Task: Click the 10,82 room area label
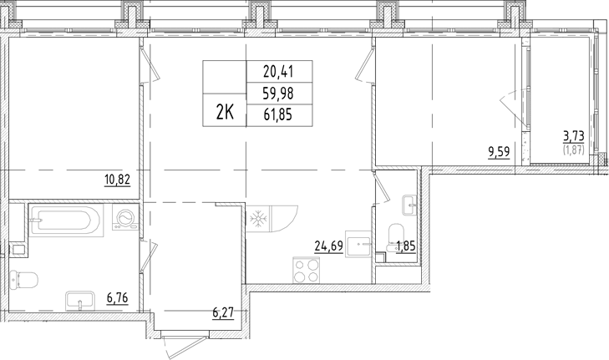pyautogui.click(x=117, y=180)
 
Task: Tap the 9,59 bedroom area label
pyautogui.click(x=499, y=152)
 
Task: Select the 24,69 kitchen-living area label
pyautogui.click(x=329, y=246)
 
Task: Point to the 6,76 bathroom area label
pyautogui.click(x=117, y=298)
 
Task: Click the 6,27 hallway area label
pyautogui.click(x=223, y=312)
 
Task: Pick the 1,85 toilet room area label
pyautogui.click(x=406, y=246)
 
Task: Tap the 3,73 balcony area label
pyautogui.click(x=574, y=135)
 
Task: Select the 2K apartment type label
pyautogui.click(x=225, y=113)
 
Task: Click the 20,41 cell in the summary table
pyautogui.click(x=279, y=72)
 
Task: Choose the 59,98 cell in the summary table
pyautogui.click(x=279, y=94)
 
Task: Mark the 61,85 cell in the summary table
pyautogui.click(x=279, y=115)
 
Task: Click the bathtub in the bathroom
pyautogui.click(x=66, y=221)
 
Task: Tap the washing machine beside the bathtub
pyautogui.click(x=125, y=217)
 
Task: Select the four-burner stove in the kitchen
pyautogui.click(x=307, y=271)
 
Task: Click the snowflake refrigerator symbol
pyautogui.click(x=258, y=219)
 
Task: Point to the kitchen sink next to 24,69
pyautogui.click(x=359, y=246)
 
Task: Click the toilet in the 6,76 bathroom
pyautogui.click(x=23, y=279)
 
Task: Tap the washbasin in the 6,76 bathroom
pyautogui.click(x=80, y=301)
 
